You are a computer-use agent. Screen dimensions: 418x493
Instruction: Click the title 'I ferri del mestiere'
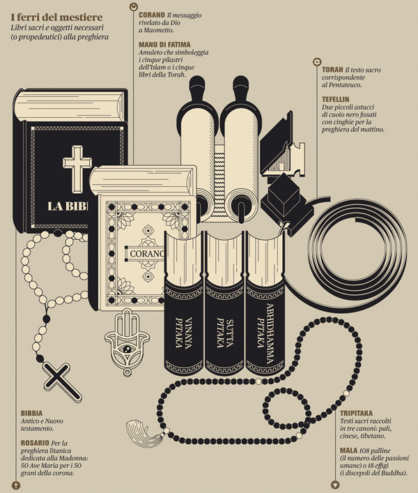(x=56, y=17)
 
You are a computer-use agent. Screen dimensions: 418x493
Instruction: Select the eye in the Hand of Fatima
(x=127, y=349)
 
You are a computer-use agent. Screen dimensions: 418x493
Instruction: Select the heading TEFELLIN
(x=335, y=99)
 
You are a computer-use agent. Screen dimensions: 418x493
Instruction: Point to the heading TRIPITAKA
(x=356, y=413)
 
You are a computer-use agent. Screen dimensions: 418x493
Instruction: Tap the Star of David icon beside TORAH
(x=317, y=62)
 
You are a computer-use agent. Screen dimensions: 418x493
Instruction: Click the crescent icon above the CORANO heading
(x=134, y=6)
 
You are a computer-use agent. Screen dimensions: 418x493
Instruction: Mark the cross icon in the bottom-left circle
(x=16, y=485)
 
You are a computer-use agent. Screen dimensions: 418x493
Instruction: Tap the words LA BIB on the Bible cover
(x=68, y=206)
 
